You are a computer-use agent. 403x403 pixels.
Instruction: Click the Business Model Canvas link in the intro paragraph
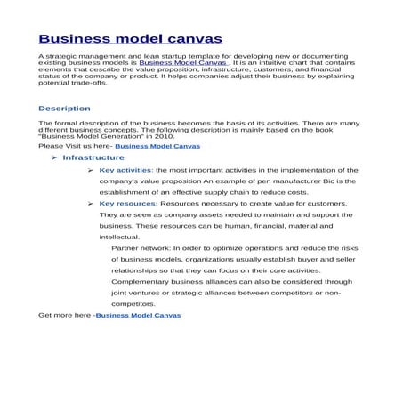point(176,64)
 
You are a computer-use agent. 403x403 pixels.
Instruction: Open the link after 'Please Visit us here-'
point(157,145)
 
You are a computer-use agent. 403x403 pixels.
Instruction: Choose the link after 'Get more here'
point(138,315)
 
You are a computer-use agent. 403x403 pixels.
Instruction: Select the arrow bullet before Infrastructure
point(54,157)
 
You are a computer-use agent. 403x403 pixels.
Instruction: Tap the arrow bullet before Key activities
point(92,169)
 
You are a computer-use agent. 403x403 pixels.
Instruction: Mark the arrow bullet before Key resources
point(92,203)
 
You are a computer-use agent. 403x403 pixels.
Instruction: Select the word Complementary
point(140,281)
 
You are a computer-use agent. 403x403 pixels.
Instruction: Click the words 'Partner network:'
point(141,248)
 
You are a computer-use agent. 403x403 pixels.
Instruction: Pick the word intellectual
point(119,237)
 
